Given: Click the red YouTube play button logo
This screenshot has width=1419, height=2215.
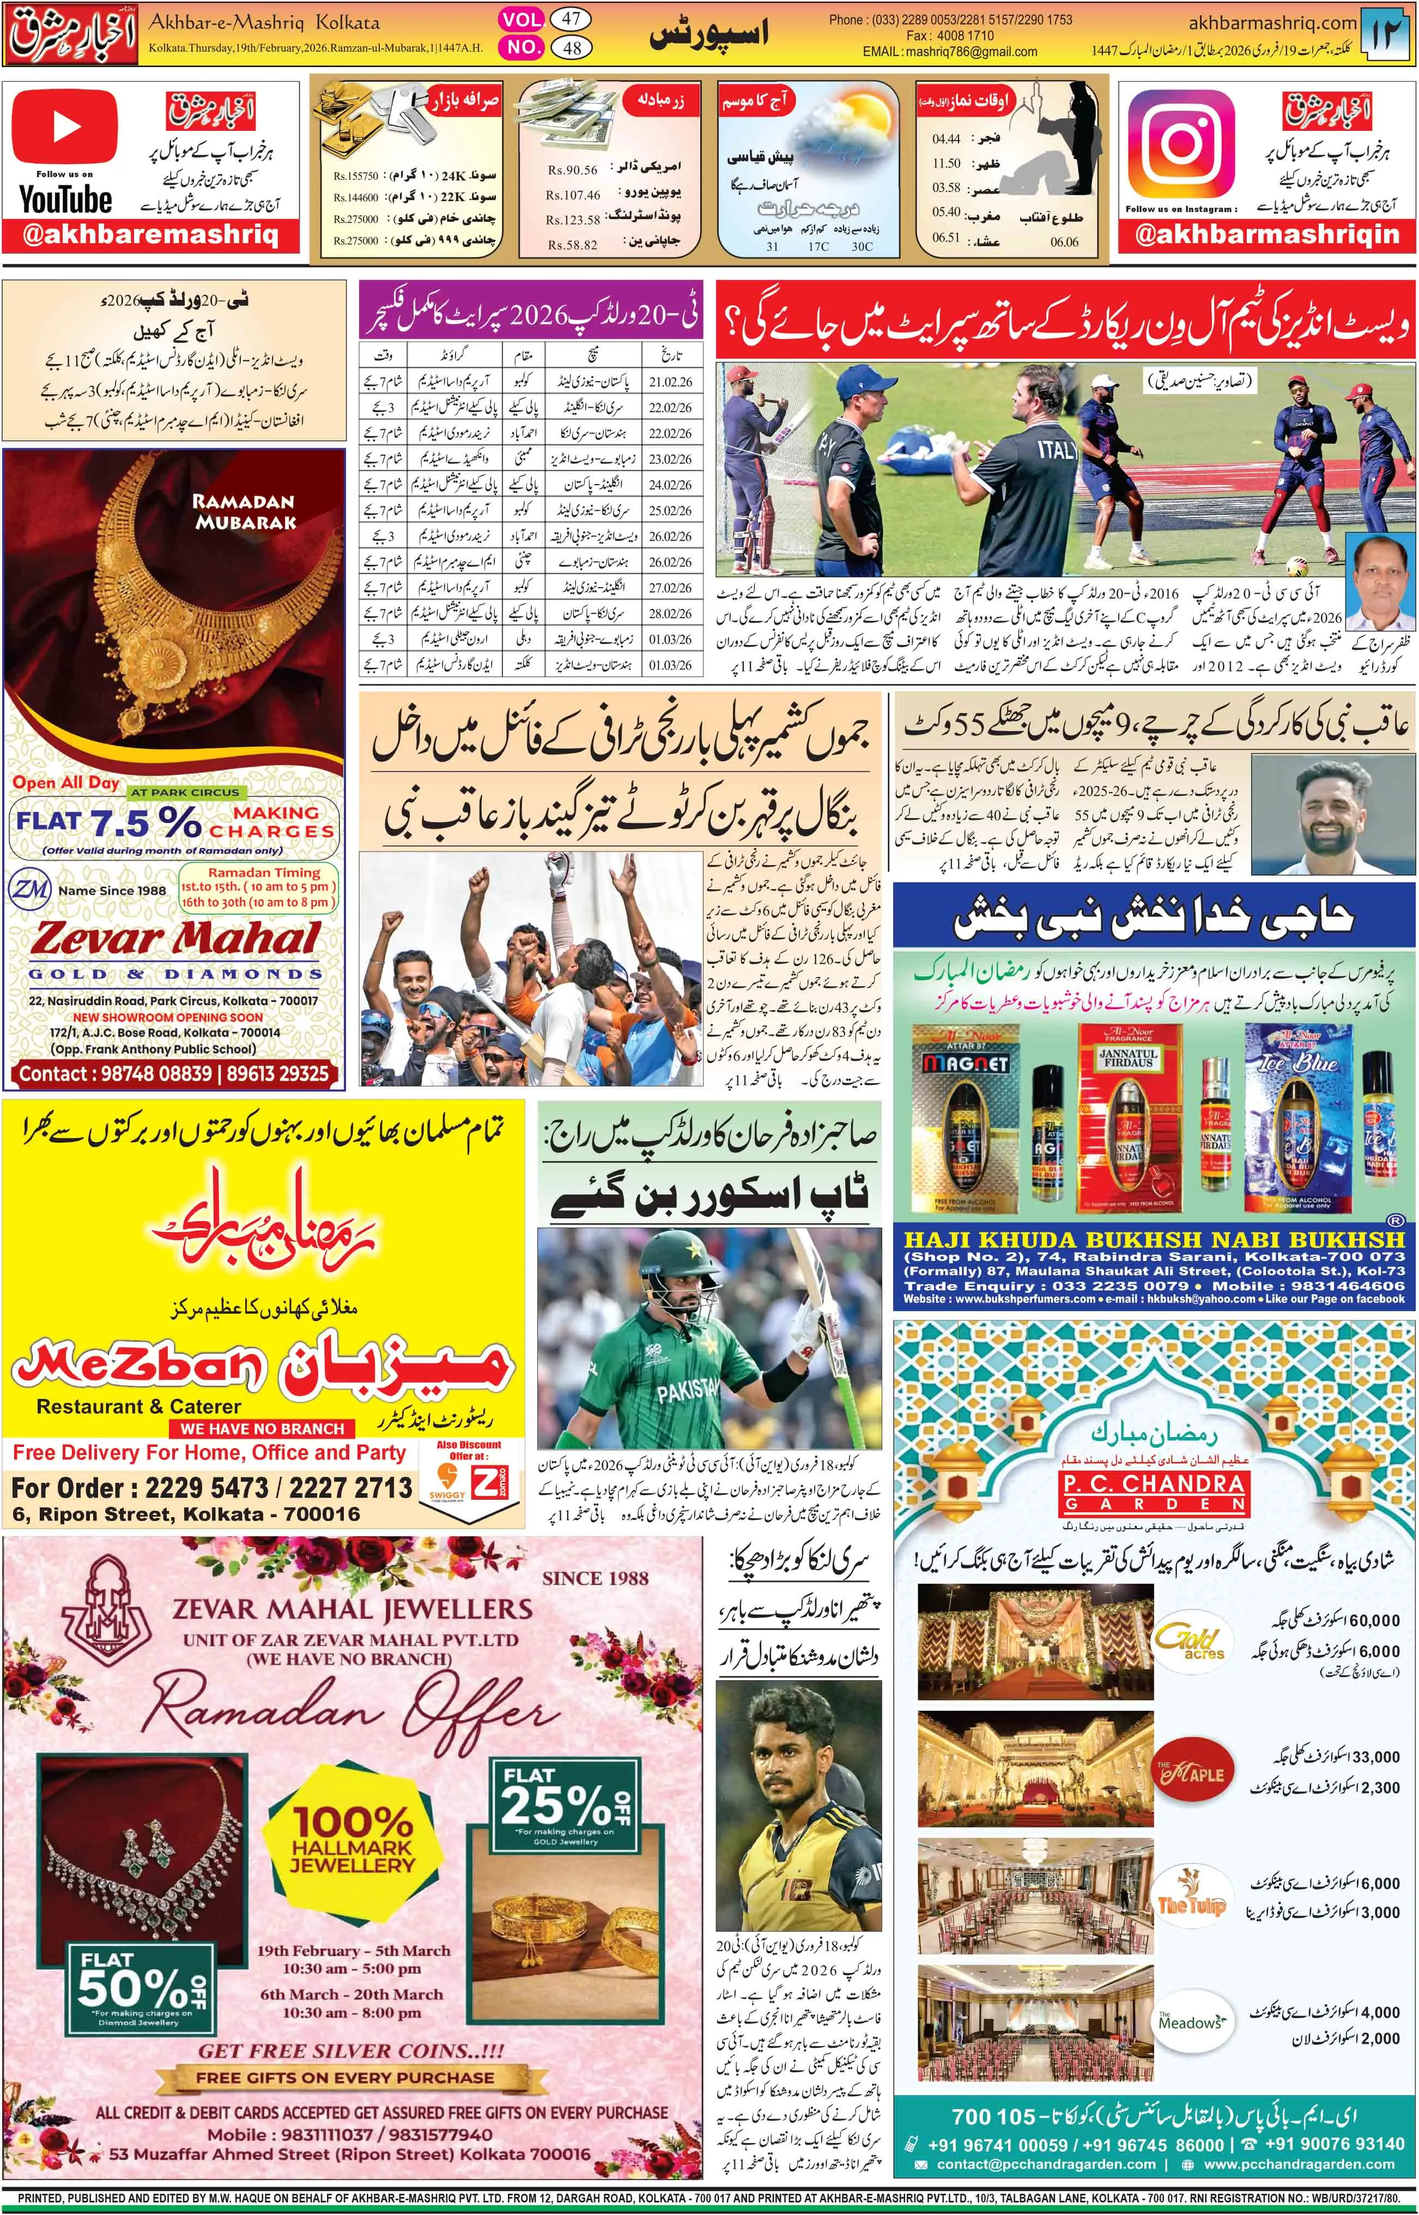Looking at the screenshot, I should [64, 126].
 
